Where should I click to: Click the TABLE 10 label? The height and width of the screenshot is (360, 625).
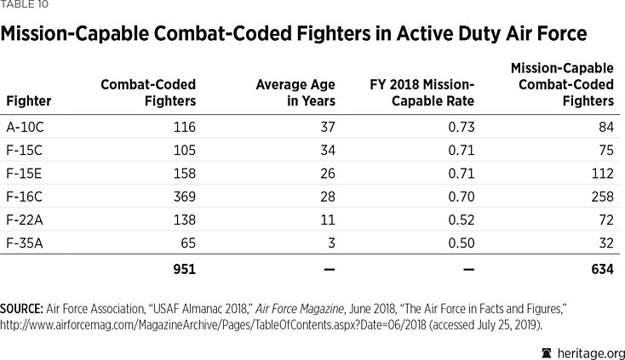(24, 6)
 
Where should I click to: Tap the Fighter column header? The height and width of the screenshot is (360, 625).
(29, 101)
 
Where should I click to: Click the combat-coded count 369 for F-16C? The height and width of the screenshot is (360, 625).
(184, 197)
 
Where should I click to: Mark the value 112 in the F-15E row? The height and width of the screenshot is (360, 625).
(602, 174)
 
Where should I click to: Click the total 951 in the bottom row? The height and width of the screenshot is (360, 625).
(184, 270)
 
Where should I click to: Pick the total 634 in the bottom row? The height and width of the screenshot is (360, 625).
(601, 270)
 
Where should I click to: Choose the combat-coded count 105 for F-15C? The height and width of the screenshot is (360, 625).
(184, 151)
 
